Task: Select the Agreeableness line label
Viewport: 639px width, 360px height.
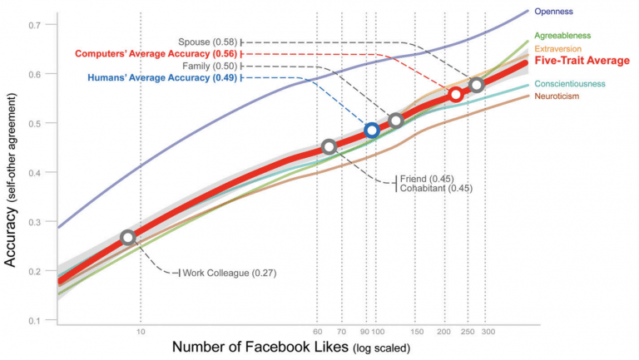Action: point(563,36)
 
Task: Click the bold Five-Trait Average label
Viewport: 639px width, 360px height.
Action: point(581,61)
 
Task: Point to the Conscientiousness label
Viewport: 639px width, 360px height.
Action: point(569,84)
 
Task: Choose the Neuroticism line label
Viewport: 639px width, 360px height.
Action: point(557,96)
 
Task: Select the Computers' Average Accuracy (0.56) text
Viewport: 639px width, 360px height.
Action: point(156,53)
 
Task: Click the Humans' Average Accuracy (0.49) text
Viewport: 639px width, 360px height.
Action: point(162,77)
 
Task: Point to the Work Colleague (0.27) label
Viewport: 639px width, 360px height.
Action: point(229,273)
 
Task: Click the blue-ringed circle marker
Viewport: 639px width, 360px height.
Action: point(372,131)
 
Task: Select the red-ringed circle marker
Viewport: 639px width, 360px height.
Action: point(455,95)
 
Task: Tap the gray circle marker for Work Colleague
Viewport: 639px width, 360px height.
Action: point(127,237)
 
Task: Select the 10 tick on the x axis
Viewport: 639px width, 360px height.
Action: point(141,332)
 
